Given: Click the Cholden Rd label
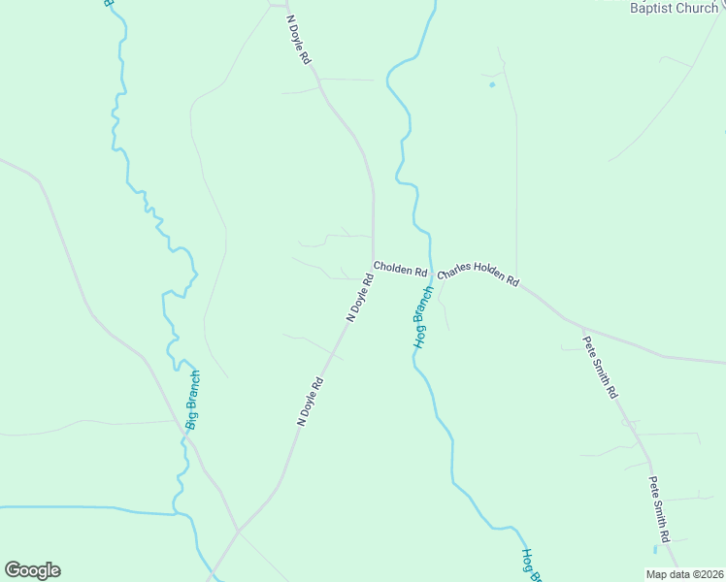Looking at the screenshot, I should click(400, 270).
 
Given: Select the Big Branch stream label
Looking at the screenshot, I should click(192, 400).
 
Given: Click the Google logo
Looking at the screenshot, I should click(32, 570).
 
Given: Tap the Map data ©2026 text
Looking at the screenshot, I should click(684, 574).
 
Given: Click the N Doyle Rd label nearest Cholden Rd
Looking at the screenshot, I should click(360, 298).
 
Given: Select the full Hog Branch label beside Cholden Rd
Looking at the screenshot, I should click(421, 317).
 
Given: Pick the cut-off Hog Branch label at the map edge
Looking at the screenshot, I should click(527, 564).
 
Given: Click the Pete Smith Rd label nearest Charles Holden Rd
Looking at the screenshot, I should click(600, 368).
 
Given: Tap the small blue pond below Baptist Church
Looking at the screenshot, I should click(492, 84).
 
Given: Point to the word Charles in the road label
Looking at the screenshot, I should click(453, 274).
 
